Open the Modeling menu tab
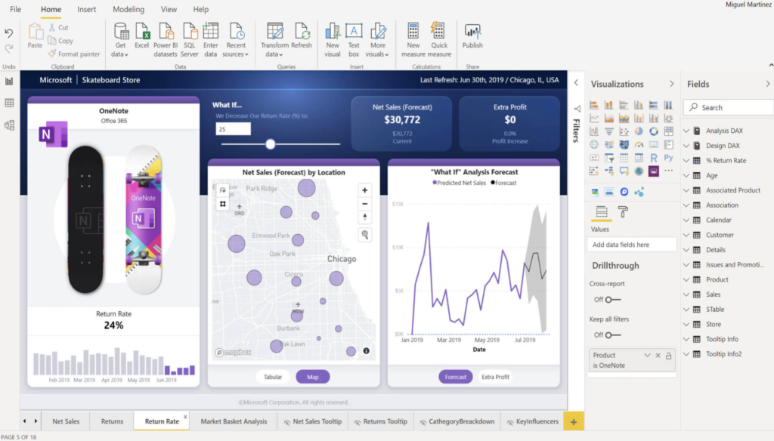click(x=128, y=10)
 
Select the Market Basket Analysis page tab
click(x=234, y=421)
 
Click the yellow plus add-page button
click(x=573, y=421)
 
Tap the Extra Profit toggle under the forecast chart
click(x=496, y=377)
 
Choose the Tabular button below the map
click(x=273, y=377)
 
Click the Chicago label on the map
click(x=341, y=259)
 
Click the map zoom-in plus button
click(x=365, y=190)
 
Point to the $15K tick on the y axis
click(x=398, y=204)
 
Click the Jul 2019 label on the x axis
click(x=525, y=341)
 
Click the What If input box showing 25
click(x=232, y=129)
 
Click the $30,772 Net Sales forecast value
click(x=401, y=119)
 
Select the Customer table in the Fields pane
click(x=719, y=235)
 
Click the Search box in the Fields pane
click(x=730, y=107)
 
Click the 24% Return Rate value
click(x=113, y=325)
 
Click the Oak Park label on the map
click(x=282, y=254)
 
